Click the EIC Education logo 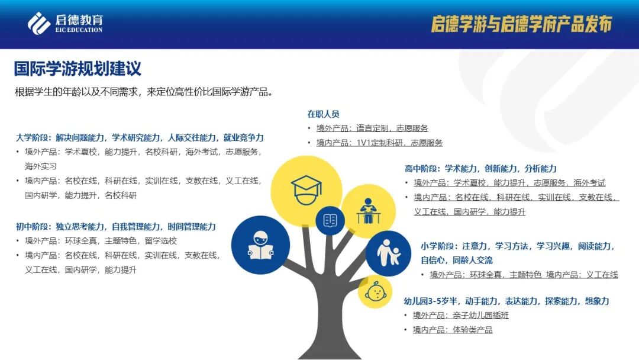(x=65, y=24)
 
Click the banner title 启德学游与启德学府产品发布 (x=521, y=24)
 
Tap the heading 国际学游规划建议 (x=78, y=68)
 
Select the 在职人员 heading (x=323, y=114)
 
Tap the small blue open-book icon (x=330, y=221)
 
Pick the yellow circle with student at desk (x=368, y=210)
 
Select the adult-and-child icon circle (x=388, y=253)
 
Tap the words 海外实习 (x=41, y=166)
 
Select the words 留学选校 (x=161, y=241)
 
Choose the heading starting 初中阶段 (x=116, y=226)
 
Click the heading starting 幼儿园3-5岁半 (x=506, y=301)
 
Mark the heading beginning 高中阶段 (x=480, y=168)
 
